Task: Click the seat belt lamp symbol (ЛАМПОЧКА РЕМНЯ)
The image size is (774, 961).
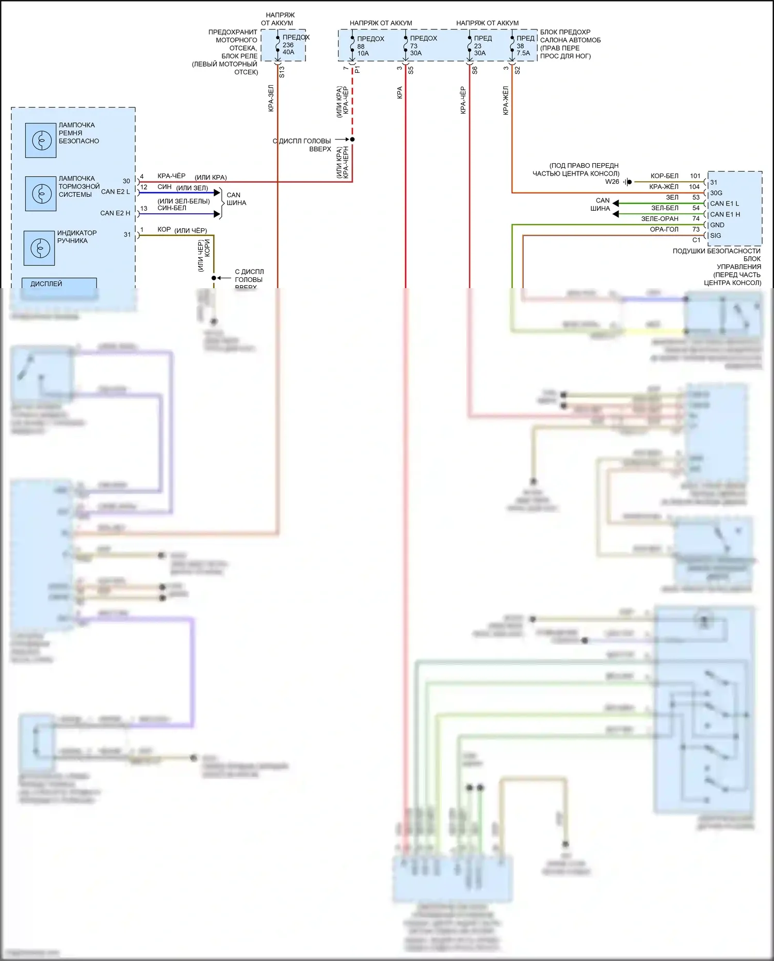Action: [41, 140]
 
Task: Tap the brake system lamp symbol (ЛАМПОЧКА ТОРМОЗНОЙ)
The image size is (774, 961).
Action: [41, 194]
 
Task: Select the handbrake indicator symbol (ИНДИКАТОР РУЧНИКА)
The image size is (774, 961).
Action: [39, 248]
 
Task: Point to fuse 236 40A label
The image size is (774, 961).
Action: [288, 48]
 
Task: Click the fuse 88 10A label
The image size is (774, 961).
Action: [363, 50]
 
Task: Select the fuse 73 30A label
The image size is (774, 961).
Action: [416, 50]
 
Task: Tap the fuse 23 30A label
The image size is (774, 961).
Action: [480, 50]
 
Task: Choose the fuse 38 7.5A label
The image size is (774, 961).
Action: [523, 50]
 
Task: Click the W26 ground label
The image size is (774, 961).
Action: [612, 182]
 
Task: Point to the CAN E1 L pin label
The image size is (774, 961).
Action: [724, 203]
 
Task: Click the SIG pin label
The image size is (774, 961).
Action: [716, 235]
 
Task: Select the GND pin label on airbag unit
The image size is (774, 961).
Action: [717, 225]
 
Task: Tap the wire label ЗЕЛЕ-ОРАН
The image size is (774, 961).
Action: [659, 219]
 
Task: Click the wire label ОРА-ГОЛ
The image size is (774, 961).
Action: [664, 229]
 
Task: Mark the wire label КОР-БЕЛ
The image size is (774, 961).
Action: [665, 176]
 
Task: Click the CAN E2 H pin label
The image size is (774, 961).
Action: [115, 213]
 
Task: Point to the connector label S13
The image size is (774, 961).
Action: [282, 72]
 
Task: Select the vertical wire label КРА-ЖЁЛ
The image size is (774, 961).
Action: [506, 101]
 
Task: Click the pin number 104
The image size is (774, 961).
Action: [695, 187]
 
